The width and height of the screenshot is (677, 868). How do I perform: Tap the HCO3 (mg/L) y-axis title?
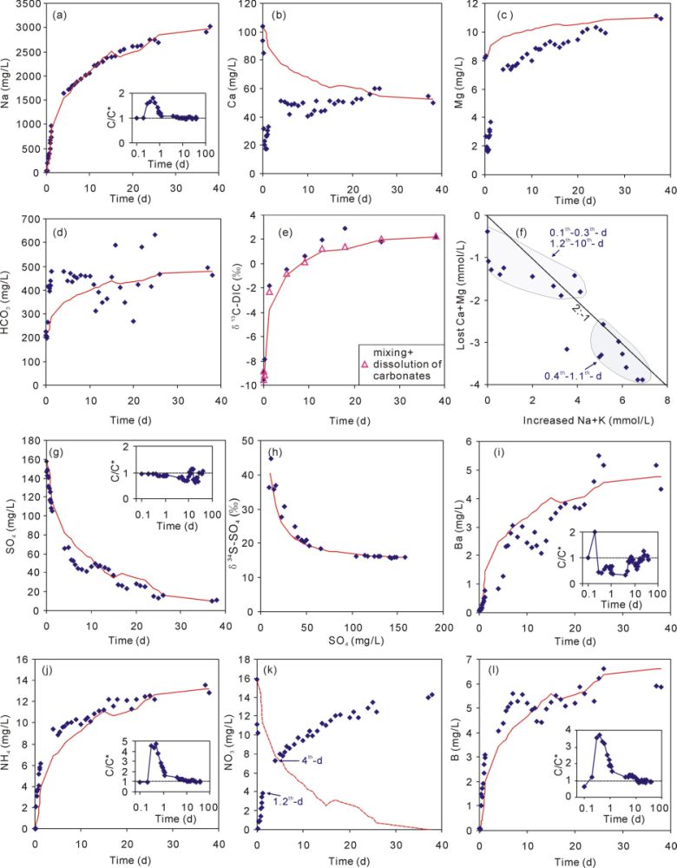tap(10, 299)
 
